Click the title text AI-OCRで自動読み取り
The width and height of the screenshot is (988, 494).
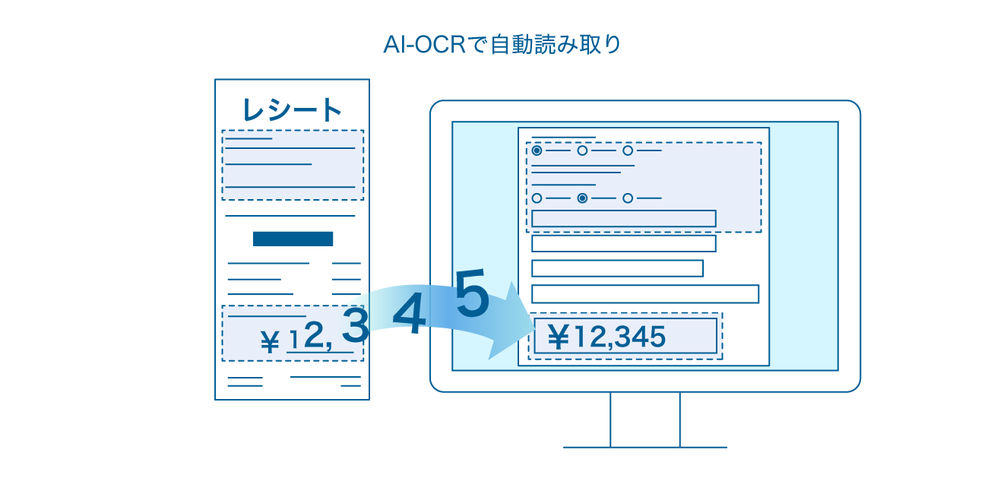(x=502, y=45)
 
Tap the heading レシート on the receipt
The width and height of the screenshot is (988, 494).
(x=292, y=109)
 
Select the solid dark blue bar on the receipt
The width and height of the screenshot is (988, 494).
(x=293, y=239)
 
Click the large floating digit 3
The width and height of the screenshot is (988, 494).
(x=355, y=325)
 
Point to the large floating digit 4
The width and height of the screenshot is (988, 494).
(x=410, y=314)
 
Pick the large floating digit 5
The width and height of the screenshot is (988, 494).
(x=472, y=293)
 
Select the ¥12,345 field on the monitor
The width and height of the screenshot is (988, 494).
(x=625, y=336)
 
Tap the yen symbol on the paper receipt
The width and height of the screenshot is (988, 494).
(x=270, y=341)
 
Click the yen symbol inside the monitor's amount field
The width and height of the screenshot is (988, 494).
(x=558, y=337)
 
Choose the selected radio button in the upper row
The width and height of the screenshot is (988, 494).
(x=537, y=150)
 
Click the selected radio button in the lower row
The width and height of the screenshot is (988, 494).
(x=582, y=198)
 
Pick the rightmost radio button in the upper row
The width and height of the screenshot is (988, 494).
(x=628, y=150)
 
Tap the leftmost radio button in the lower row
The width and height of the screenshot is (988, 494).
(x=537, y=198)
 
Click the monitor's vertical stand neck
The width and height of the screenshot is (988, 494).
(x=644, y=420)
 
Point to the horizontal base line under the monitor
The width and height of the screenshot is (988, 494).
(x=644, y=448)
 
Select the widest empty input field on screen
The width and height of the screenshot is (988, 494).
(x=644, y=294)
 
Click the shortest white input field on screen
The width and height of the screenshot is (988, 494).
(x=617, y=268)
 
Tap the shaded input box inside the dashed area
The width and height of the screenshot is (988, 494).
(x=624, y=219)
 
